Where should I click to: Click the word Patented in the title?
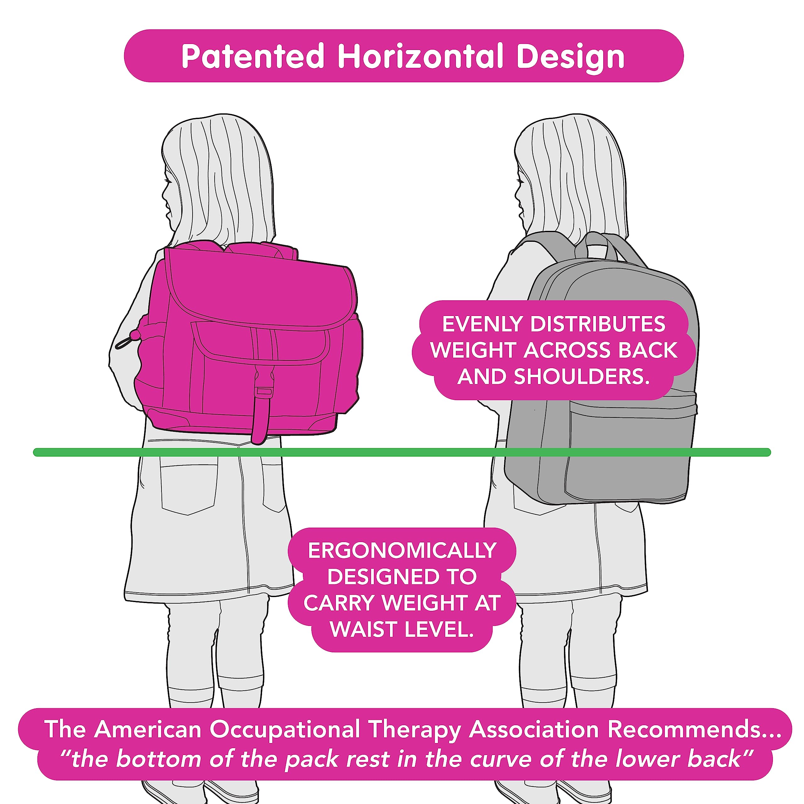[x=253, y=56]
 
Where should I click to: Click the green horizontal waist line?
[x=402, y=452]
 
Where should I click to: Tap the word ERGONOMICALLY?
[x=402, y=550]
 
